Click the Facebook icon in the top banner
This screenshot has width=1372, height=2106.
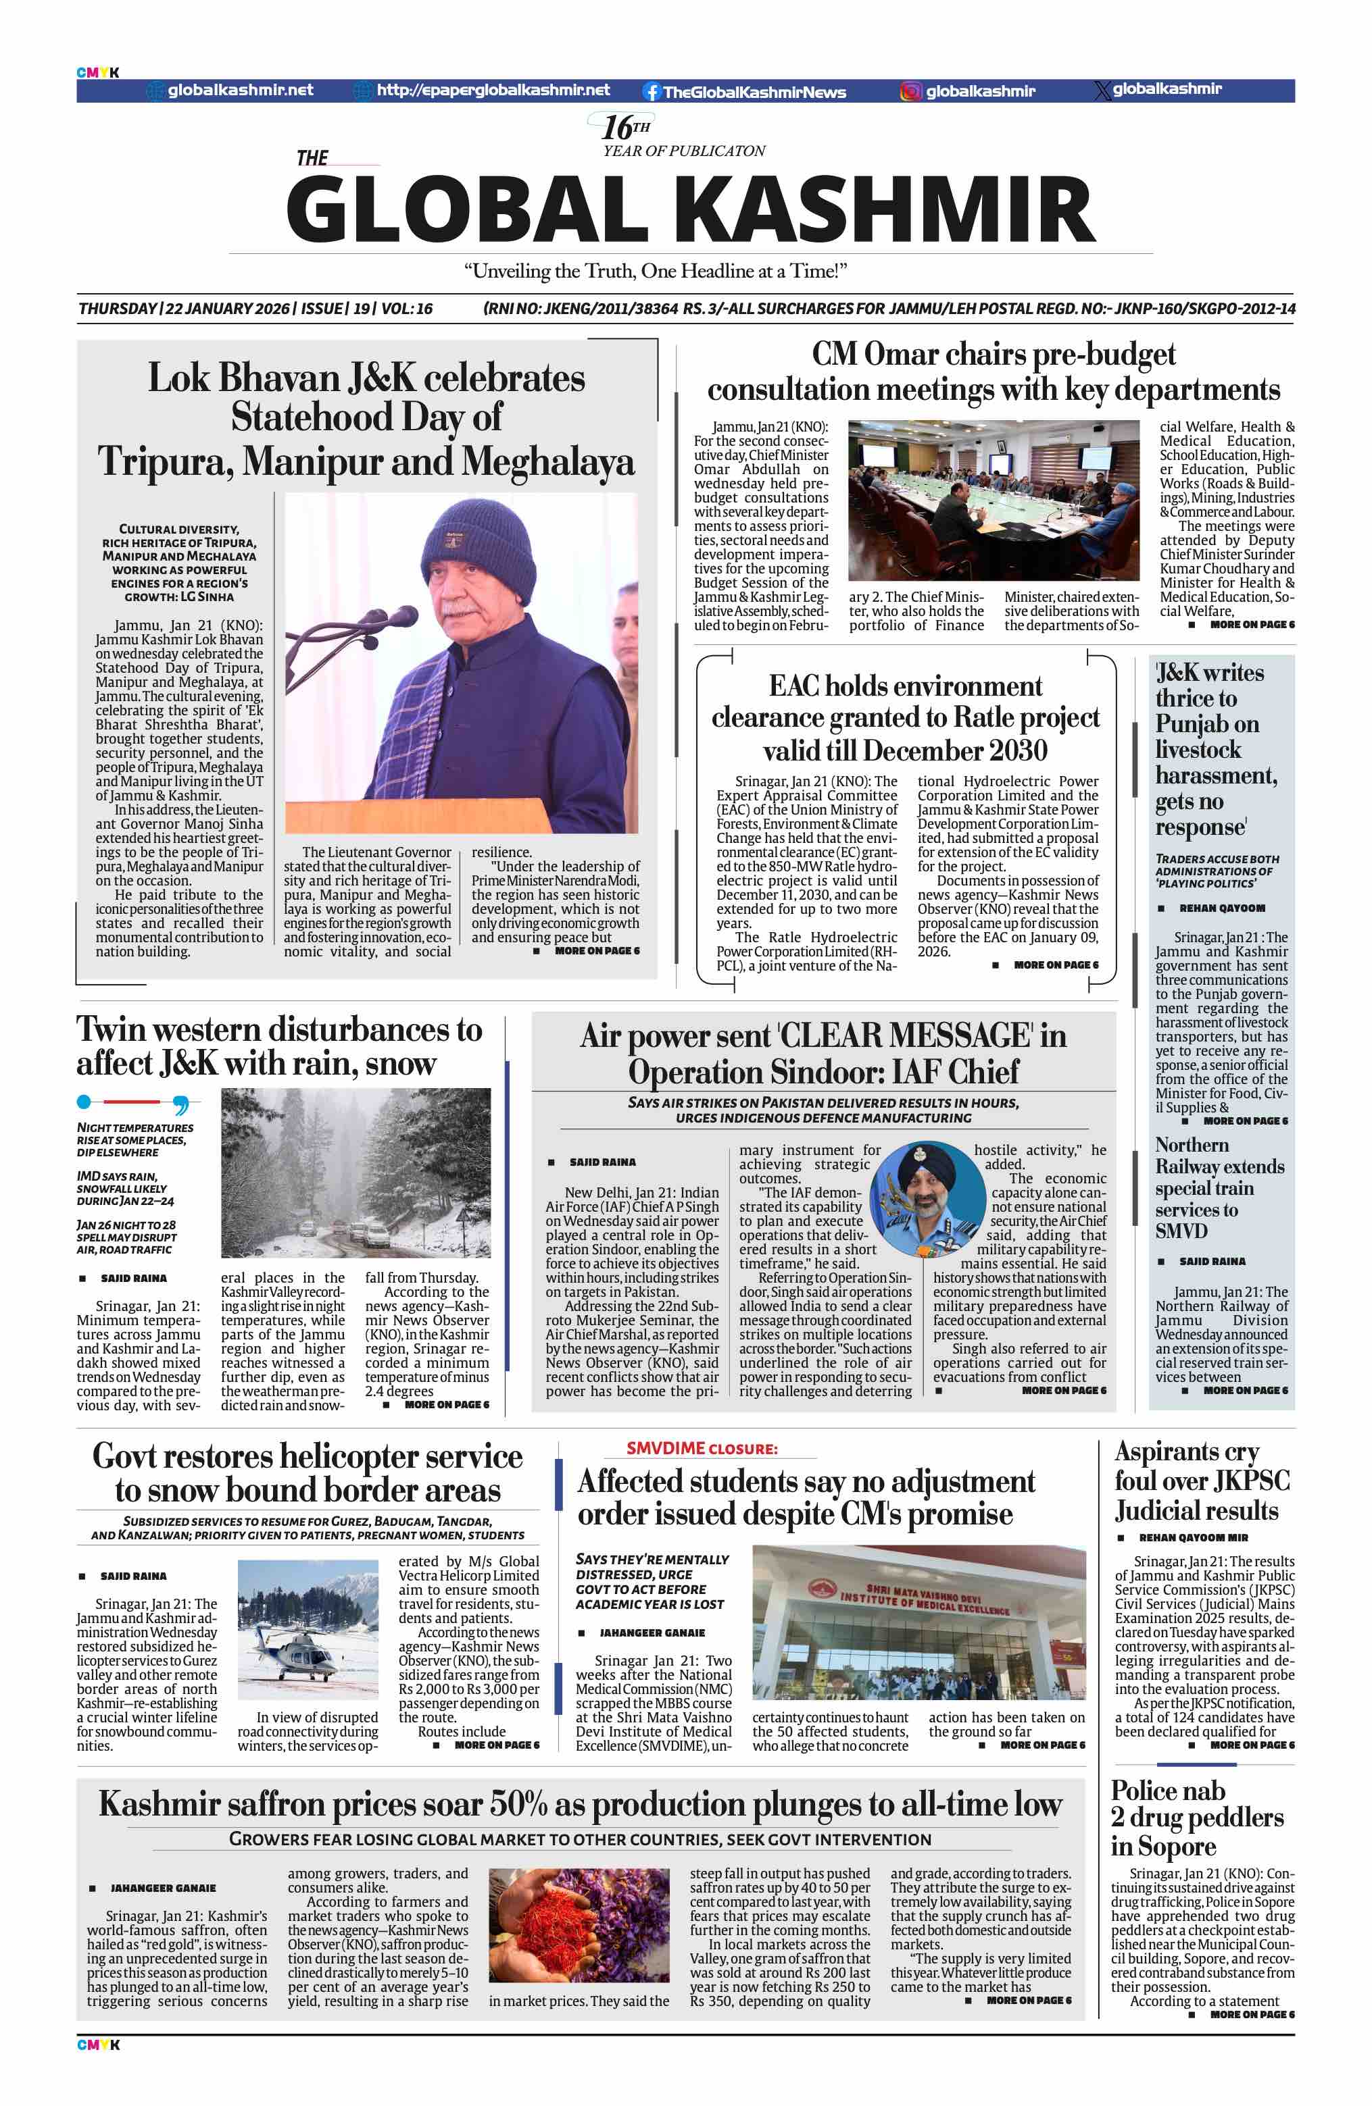click(652, 91)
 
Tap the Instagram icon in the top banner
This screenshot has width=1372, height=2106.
click(911, 91)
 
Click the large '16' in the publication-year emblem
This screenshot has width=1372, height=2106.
click(618, 128)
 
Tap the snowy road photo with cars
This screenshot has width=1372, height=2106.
click(355, 1173)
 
